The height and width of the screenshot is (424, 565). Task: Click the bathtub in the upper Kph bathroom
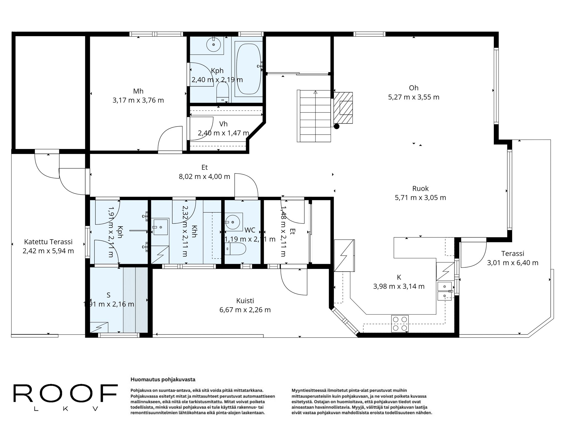point(248,69)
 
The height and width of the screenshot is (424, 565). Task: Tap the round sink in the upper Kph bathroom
point(214,44)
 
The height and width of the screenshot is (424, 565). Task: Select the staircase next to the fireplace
point(314,116)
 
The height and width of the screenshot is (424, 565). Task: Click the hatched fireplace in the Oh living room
point(343,108)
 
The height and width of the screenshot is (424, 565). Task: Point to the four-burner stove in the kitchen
point(400,324)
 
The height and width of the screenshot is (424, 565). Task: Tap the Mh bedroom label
point(138,91)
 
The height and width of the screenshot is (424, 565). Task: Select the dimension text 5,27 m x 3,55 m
point(414,97)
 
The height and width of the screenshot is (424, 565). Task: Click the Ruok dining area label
point(420,189)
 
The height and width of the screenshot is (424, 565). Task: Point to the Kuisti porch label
point(245,301)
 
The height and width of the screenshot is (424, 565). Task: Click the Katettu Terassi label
point(48,242)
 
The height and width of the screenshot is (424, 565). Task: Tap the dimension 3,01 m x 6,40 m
point(513,263)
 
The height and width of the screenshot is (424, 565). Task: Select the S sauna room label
point(108,295)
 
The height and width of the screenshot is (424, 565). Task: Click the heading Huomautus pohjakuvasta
point(163,380)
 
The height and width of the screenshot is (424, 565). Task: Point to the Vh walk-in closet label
point(223,124)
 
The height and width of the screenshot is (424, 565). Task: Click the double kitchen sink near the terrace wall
point(444,291)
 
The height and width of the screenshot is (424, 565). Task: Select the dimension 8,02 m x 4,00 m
point(204,177)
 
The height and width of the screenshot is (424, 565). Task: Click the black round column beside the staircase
point(336,126)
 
